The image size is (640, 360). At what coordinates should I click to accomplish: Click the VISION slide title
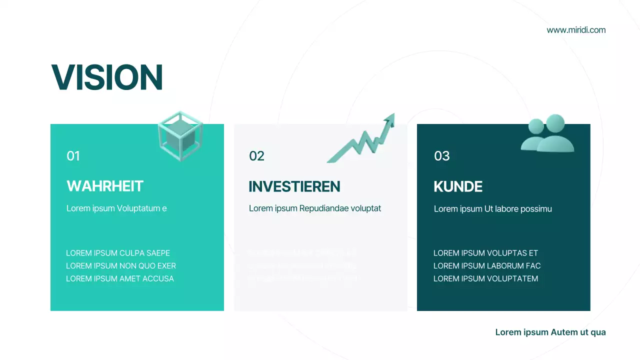click(x=107, y=77)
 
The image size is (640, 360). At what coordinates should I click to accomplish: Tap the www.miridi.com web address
click(x=576, y=30)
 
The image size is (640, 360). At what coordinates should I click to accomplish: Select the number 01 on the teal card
click(x=73, y=156)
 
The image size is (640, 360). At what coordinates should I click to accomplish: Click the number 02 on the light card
click(x=256, y=156)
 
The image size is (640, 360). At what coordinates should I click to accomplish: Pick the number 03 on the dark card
click(x=442, y=156)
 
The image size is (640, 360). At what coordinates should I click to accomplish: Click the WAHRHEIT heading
click(x=105, y=186)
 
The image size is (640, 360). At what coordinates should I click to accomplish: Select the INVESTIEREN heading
click(x=294, y=187)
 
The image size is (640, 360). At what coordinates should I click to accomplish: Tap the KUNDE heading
click(x=458, y=187)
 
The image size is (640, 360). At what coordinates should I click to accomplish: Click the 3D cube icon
click(x=180, y=135)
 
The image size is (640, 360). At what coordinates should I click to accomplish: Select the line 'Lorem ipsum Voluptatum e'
click(x=116, y=208)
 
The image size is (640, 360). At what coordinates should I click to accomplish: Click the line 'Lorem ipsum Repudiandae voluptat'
click(x=315, y=208)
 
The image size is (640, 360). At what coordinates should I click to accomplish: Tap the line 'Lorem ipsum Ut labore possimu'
click(x=493, y=209)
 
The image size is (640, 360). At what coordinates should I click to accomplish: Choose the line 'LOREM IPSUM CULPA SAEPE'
click(x=118, y=253)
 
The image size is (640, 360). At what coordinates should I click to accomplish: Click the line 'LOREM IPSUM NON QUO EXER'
click(x=121, y=266)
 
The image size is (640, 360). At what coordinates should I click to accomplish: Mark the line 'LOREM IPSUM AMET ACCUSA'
click(x=120, y=279)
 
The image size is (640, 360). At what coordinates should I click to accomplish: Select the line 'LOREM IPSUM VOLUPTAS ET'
click(x=485, y=253)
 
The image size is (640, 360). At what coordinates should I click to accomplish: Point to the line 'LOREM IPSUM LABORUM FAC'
click(x=487, y=266)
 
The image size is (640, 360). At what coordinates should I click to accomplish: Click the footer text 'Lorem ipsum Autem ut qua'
click(x=550, y=332)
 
